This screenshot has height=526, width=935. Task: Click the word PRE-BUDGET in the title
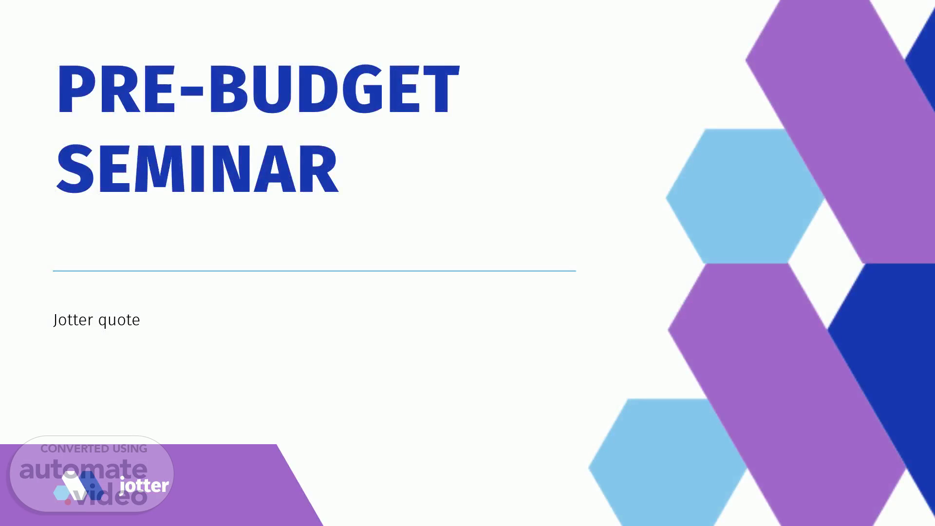click(x=258, y=89)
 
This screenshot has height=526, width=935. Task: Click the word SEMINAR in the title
click(x=197, y=169)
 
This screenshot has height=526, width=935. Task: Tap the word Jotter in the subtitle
click(x=73, y=320)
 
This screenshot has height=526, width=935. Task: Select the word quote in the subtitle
click(x=119, y=321)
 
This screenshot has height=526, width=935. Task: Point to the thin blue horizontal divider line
click(x=314, y=271)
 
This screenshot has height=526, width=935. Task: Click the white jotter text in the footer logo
click(x=144, y=485)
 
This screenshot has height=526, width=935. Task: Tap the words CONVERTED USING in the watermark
click(x=93, y=449)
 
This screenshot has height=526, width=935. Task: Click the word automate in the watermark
click(x=83, y=469)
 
